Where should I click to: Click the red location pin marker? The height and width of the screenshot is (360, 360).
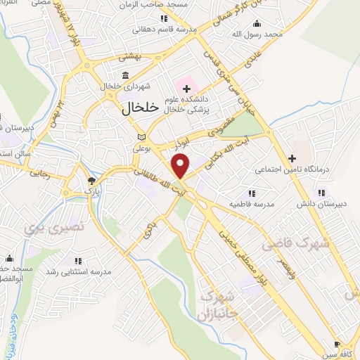181,165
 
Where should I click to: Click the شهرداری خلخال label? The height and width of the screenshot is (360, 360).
124,86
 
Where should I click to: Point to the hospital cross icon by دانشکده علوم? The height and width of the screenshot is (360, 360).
186,89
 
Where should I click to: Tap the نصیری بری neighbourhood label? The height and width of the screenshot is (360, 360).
53,227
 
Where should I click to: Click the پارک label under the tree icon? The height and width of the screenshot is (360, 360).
93,190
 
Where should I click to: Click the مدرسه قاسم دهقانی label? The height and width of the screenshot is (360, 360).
164,30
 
